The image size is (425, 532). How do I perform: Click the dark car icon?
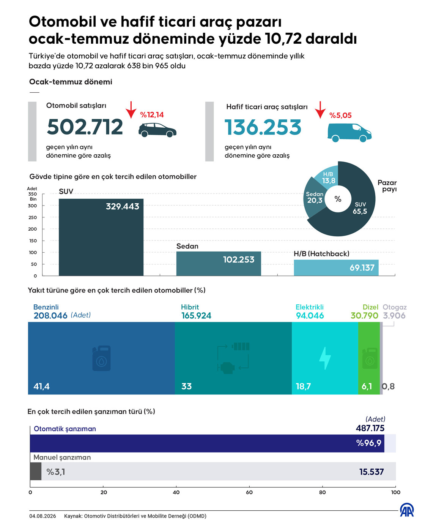coord(157,130)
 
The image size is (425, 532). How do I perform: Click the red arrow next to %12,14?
coord(131,110)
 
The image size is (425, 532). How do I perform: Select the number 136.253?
coord(263,127)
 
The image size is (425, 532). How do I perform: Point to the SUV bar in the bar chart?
coord(101,237)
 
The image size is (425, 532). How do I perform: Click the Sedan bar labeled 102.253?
coord(219,263)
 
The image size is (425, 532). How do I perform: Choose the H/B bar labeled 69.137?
coord(336,268)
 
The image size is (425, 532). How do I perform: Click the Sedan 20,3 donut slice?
coord(314,198)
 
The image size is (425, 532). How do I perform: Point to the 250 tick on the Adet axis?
coord(32,217)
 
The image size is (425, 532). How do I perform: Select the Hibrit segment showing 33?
coord(233,358)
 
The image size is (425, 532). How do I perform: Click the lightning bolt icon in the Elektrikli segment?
coord(325,358)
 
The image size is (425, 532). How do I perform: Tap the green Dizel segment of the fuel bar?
coord(369,358)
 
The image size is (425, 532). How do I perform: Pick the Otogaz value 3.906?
coord(394,316)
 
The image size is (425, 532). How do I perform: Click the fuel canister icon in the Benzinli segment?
coord(101,358)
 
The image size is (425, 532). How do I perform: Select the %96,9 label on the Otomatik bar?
coord(369,443)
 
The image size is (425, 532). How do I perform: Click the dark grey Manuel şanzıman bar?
coord(36,471)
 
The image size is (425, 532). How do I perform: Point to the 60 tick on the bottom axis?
coord(249,492)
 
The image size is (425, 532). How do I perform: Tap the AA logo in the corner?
coord(406,510)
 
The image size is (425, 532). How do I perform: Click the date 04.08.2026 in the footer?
coord(43,516)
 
